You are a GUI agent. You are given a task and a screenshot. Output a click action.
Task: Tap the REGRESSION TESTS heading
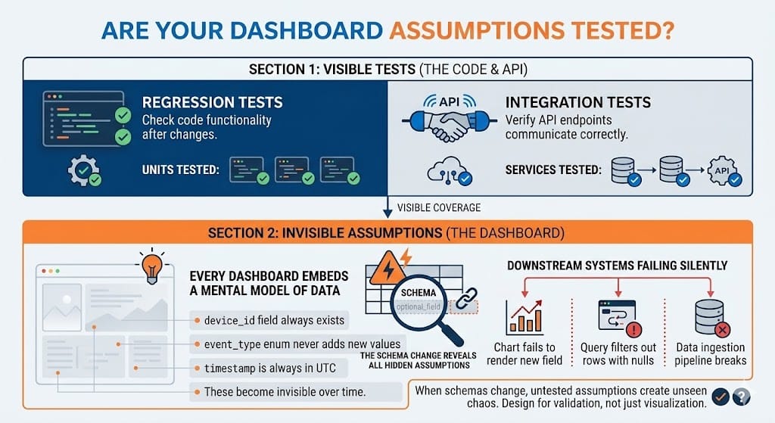click(x=212, y=102)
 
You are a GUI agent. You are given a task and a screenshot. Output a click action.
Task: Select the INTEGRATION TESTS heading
click(x=577, y=102)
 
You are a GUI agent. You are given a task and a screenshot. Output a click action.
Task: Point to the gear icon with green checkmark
click(x=82, y=172)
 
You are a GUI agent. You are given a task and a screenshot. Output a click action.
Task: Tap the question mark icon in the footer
click(x=741, y=396)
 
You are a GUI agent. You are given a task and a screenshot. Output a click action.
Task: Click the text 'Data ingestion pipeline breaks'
click(x=711, y=353)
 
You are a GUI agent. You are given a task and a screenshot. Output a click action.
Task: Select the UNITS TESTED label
click(x=180, y=170)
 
